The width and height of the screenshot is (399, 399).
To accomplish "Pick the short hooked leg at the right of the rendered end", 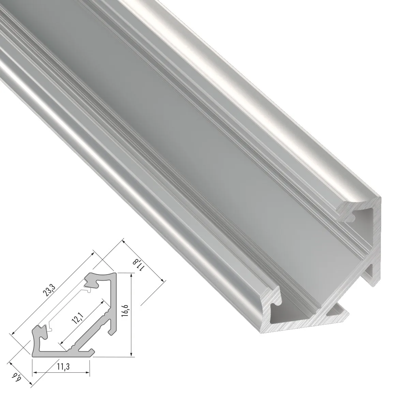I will coord(372,273).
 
